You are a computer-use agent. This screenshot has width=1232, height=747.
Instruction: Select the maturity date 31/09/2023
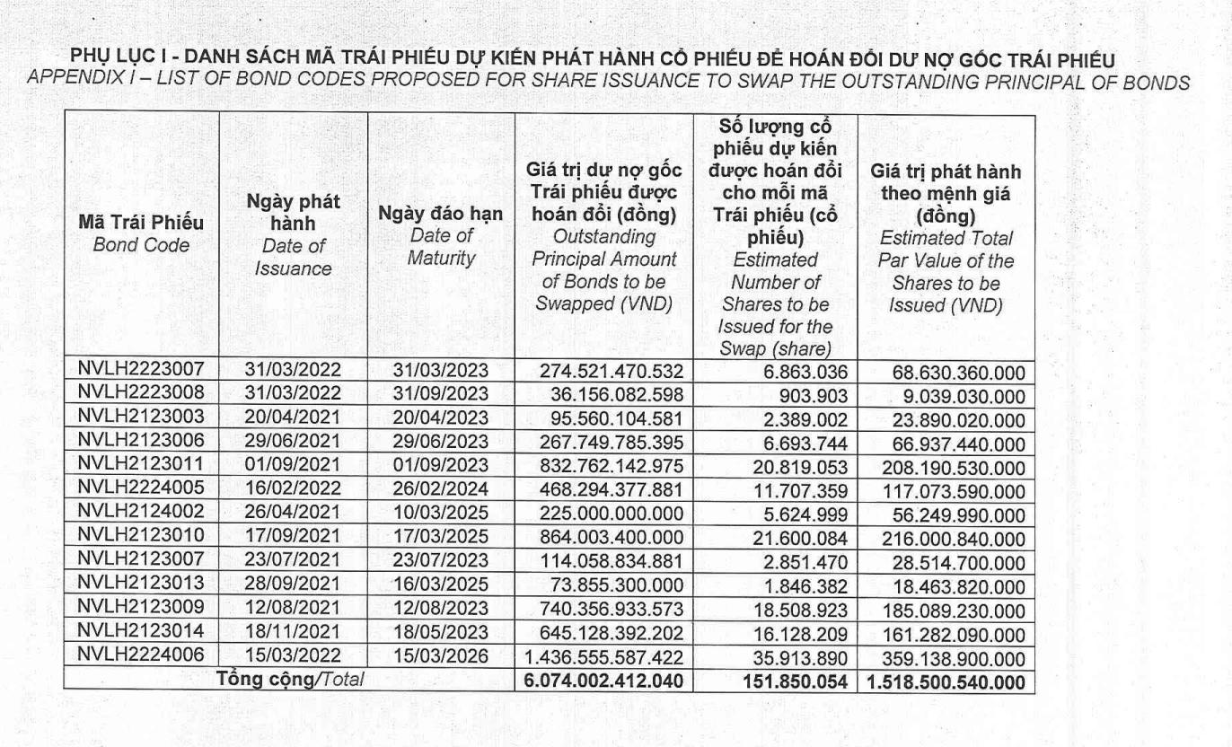[441, 393]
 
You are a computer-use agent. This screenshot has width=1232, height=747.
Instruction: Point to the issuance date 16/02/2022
[293, 488]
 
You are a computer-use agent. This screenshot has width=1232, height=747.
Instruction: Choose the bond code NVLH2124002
[142, 511]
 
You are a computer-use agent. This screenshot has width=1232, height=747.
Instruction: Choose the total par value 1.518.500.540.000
[946, 681]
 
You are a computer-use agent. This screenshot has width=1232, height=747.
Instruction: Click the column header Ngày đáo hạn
[441, 215]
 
